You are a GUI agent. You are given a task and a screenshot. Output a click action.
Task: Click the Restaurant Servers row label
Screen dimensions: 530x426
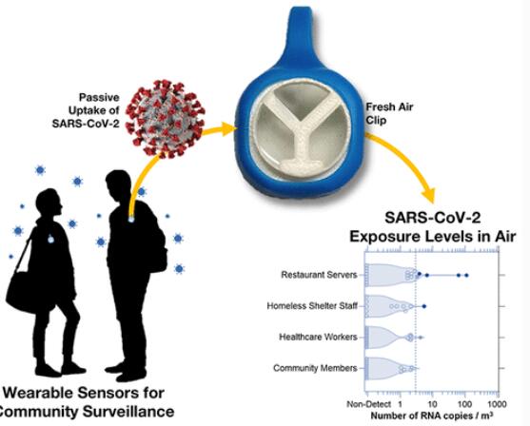click(x=319, y=275)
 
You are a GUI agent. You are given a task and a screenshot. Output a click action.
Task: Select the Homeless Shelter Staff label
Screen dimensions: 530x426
click(x=312, y=306)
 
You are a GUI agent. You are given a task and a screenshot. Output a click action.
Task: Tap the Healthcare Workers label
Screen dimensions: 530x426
click(x=318, y=338)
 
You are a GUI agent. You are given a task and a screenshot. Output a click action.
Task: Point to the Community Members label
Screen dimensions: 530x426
click(x=315, y=368)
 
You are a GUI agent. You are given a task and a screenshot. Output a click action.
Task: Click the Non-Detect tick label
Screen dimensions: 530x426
click(x=369, y=404)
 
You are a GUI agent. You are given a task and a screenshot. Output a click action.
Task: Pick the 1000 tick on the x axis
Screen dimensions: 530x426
click(x=498, y=404)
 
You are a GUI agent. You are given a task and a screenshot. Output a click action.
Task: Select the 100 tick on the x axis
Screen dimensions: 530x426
click(x=464, y=404)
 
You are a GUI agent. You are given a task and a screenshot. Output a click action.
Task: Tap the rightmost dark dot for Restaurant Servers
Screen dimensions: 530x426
click(x=466, y=276)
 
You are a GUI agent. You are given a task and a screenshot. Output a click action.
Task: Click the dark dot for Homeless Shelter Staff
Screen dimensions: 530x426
click(x=424, y=306)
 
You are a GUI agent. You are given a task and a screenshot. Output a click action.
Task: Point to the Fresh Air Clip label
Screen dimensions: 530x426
click(x=389, y=113)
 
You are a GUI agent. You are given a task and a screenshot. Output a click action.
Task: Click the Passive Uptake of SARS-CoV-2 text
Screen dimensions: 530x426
click(x=86, y=110)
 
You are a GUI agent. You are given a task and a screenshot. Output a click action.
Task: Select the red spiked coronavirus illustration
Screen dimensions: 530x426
click(x=165, y=119)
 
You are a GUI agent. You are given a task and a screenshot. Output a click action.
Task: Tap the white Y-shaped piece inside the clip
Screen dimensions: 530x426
click(x=301, y=135)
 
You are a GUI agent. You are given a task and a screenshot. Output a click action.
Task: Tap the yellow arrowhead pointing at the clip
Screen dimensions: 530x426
click(x=227, y=129)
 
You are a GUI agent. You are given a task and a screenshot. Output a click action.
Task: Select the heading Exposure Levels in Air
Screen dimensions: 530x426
click(x=433, y=237)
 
